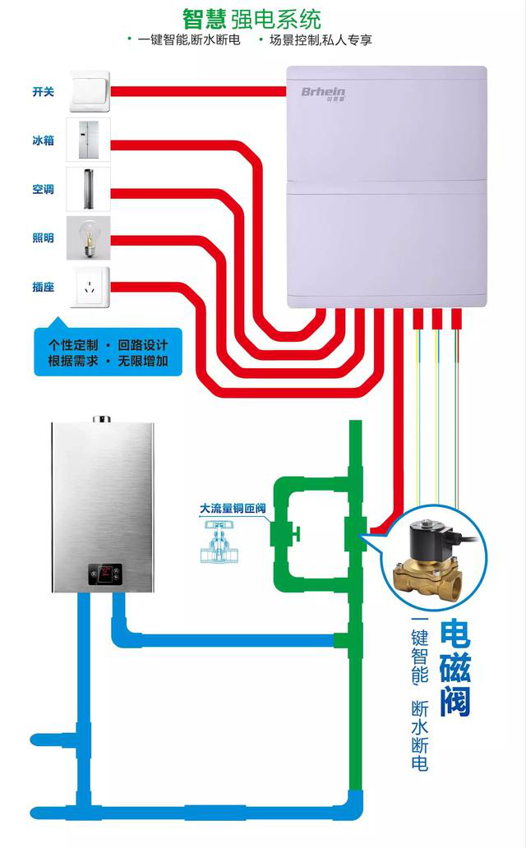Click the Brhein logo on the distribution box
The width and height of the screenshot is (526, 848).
coord(323,93)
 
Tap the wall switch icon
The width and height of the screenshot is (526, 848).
coord(90,91)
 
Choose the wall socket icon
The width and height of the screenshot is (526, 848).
coord(90,287)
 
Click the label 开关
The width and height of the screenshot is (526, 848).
coord(44,92)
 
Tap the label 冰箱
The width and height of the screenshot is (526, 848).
coord(44,141)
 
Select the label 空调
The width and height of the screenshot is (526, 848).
coord(44,189)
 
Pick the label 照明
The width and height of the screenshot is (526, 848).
coord(44,238)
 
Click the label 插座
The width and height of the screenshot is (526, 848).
coord(44,287)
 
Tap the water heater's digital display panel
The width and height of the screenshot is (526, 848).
coord(105,574)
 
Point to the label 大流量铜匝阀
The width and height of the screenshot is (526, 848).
coord(233,509)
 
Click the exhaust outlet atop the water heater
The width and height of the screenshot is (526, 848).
coord(101,418)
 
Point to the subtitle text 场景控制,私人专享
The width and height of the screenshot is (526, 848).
coord(321,40)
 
